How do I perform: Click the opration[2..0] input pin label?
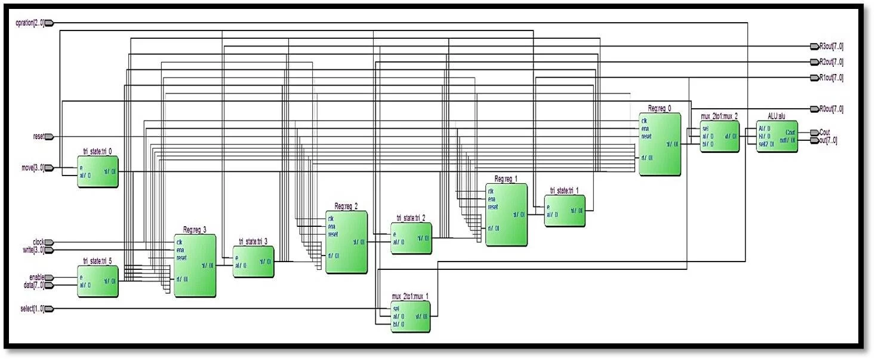click(x=29, y=23)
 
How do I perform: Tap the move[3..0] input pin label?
click(x=31, y=168)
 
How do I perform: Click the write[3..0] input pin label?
click(x=33, y=250)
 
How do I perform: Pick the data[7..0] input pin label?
click(x=33, y=285)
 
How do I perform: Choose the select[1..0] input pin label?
click(x=32, y=309)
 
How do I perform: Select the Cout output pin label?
click(x=824, y=132)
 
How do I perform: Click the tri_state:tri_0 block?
click(x=98, y=171)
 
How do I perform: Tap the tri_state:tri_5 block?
click(x=98, y=281)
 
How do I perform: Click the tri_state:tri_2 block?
click(x=411, y=238)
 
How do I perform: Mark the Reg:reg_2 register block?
click(x=346, y=242)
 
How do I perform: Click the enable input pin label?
click(x=36, y=278)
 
